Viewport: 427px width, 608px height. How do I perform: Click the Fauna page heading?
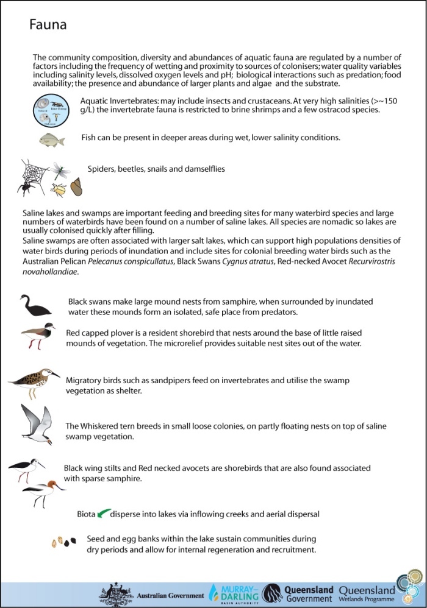48,25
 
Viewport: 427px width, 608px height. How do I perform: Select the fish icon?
52,139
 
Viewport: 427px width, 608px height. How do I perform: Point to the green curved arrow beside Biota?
103,514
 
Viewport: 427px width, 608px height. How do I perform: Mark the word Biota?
86,514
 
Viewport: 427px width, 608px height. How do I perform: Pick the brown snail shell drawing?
77,186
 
